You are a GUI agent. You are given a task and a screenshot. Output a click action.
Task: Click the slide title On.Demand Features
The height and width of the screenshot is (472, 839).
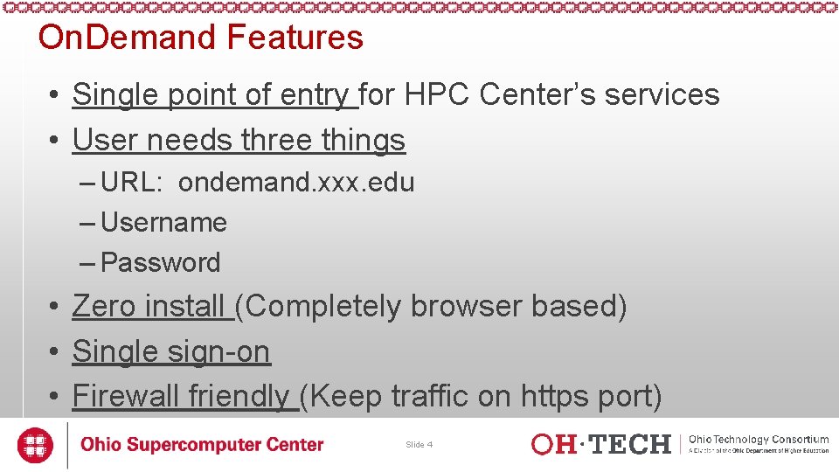(x=200, y=38)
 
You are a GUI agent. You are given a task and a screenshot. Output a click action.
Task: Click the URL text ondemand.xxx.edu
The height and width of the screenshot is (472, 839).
(x=296, y=183)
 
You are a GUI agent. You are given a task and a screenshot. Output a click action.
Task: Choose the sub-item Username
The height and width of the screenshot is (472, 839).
(x=164, y=223)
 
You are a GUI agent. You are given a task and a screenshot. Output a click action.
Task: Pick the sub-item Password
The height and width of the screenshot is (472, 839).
(x=161, y=262)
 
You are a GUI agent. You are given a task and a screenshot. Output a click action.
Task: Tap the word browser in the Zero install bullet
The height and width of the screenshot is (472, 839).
(x=467, y=307)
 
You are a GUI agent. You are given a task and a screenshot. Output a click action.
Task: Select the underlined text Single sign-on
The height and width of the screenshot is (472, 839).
(x=171, y=351)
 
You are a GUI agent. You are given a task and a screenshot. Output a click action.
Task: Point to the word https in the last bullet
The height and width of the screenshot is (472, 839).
(x=556, y=396)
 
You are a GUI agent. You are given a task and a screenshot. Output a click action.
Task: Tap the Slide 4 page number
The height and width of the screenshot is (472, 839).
(x=419, y=445)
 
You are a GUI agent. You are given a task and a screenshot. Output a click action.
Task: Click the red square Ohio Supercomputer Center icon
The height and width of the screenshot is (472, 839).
(x=36, y=445)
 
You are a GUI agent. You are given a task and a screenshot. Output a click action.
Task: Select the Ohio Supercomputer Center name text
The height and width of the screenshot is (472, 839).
(x=202, y=445)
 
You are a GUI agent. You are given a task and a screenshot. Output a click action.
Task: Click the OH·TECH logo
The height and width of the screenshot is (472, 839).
(x=601, y=444)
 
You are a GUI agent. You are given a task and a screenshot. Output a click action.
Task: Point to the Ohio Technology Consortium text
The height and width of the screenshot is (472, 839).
(x=759, y=440)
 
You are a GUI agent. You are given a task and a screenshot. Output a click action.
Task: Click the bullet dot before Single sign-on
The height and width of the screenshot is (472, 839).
(x=54, y=352)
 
